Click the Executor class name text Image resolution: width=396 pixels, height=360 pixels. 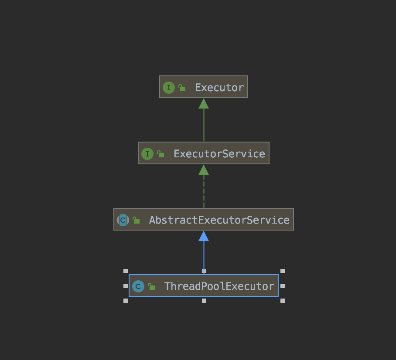[x=219, y=87]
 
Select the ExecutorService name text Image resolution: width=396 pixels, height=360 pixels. [x=219, y=153]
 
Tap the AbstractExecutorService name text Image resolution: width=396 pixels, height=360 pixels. [x=219, y=220]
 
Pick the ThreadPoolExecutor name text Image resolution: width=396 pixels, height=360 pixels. [x=219, y=286]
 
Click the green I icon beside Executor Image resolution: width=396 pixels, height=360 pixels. [x=168, y=88]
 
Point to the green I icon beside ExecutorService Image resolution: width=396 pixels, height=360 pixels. [x=147, y=154]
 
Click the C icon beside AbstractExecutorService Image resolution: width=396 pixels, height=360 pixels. [x=123, y=220]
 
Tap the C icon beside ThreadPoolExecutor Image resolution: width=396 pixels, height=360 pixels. [x=138, y=286]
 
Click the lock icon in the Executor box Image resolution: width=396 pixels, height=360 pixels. [x=182, y=88]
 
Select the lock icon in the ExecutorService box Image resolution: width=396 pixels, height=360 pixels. [x=160, y=154]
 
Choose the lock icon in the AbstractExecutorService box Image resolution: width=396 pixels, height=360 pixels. [x=136, y=220]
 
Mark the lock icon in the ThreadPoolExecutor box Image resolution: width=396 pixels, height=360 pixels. [x=151, y=286]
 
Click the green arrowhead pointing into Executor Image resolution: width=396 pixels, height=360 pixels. [x=204, y=104]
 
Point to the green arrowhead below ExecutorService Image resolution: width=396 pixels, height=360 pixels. [x=204, y=170]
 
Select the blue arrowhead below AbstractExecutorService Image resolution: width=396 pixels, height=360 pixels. [x=204, y=236]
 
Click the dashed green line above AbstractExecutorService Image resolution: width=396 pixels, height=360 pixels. [x=204, y=192]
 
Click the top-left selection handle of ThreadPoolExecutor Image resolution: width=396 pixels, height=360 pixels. [x=126, y=271]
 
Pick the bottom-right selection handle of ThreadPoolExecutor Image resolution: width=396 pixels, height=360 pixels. [x=283, y=301]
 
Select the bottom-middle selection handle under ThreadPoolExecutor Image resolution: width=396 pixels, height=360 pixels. [x=204, y=301]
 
